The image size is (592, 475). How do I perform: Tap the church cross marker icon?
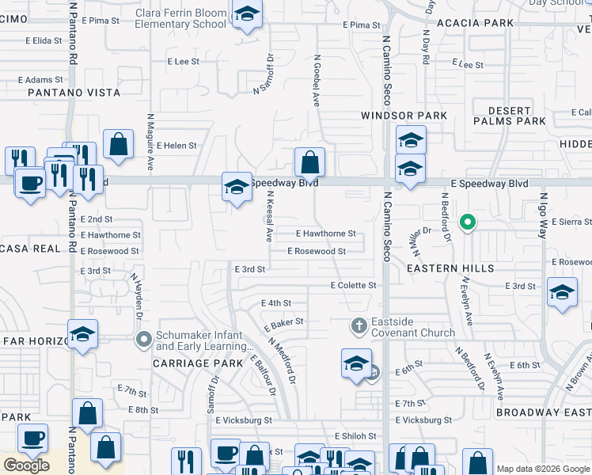pos(359,325)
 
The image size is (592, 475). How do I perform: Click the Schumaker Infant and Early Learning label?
pos(199,340)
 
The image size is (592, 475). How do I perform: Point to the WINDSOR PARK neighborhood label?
pos(404,116)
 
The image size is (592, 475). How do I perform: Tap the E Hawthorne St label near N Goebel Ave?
pos(325,234)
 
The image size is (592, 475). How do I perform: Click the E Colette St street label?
pos(353,285)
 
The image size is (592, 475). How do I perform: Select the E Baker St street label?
pos(283,325)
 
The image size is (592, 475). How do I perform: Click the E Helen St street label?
pos(176,146)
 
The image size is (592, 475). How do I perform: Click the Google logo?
pos(26,465)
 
